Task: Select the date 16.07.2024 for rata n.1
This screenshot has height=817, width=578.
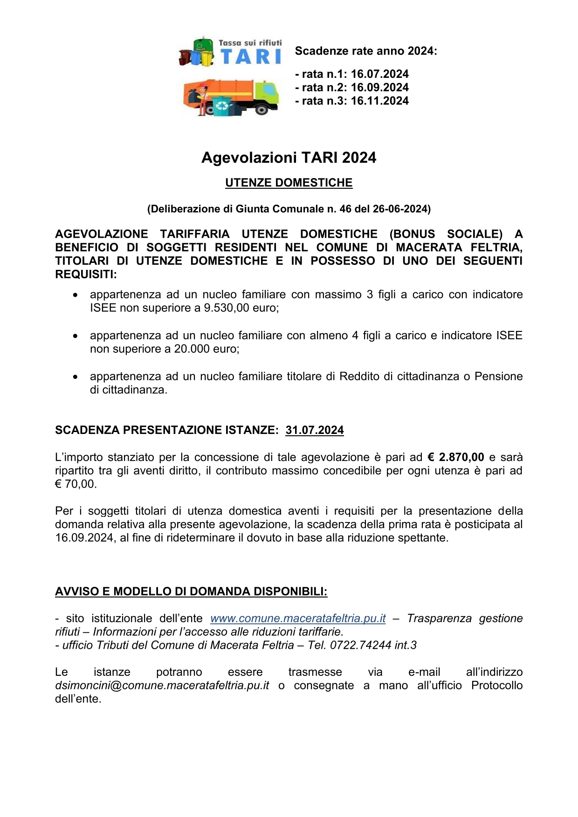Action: pyautogui.click(x=379, y=74)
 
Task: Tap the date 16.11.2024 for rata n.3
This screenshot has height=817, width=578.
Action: pyautogui.click(x=379, y=101)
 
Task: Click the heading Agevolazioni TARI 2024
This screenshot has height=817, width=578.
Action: pyautogui.click(x=289, y=158)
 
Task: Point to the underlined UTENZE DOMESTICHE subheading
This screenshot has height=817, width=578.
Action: pyautogui.click(x=289, y=183)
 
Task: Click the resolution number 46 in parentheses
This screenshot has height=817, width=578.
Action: pyautogui.click(x=345, y=209)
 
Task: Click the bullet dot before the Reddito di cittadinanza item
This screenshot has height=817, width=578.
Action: pyautogui.click(x=75, y=377)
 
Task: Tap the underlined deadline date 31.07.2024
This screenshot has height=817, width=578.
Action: pyautogui.click(x=315, y=430)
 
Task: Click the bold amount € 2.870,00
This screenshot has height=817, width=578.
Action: pyautogui.click(x=456, y=457)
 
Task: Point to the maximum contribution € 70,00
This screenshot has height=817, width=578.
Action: pyautogui.click(x=76, y=484)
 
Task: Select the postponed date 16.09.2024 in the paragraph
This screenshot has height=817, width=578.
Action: pyautogui.click(x=84, y=538)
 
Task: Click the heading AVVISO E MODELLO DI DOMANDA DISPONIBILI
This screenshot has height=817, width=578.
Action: pyautogui.click(x=191, y=592)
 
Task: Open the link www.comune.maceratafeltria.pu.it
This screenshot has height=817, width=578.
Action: pyautogui.click(x=298, y=618)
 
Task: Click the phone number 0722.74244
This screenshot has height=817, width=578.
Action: pyautogui.click(x=358, y=645)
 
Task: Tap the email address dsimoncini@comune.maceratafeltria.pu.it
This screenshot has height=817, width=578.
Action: pyautogui.click(x=162, y=686)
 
